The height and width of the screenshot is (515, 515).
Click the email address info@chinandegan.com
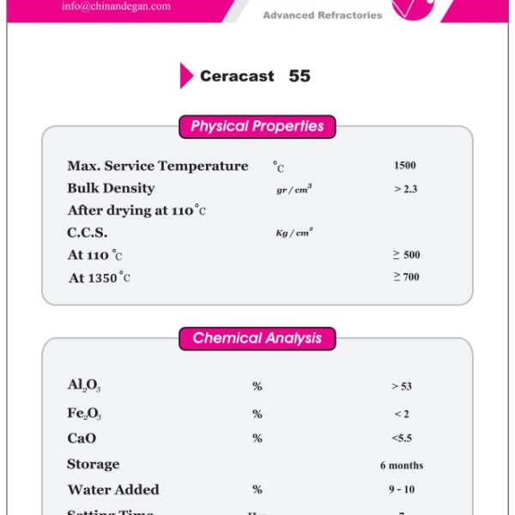click(x=116, y=6)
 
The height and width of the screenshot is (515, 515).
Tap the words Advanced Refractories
click(x=322, y=15)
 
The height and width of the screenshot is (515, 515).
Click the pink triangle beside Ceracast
click(x=186, y=76)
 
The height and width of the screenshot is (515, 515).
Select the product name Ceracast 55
click(x=255, y=76)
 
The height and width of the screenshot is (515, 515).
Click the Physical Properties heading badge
click(x=257, y=127)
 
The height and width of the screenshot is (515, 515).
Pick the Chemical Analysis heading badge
click(x=257, y=338)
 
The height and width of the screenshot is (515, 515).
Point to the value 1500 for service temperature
click(x=405, y=166)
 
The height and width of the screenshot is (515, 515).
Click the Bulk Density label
click(x=111, y=188)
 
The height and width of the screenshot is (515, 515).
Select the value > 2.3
click(x=405, y=189)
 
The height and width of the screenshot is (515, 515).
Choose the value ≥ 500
click(x=406, y=255)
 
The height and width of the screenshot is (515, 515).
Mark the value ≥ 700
click(x=406, y=276)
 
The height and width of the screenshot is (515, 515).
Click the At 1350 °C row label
click(x=100, y=277)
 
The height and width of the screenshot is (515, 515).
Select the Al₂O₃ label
click(x=84, y=385)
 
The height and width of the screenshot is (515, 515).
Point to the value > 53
click(x=402, y=386)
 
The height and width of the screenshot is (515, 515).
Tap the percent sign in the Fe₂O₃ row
click(x=257, y=414)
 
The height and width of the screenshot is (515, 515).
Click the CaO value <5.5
click(x=402, y=438)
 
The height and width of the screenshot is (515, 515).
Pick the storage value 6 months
click(x=402, y=465)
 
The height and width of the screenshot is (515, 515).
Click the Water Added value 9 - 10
click(x=402, y=490)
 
